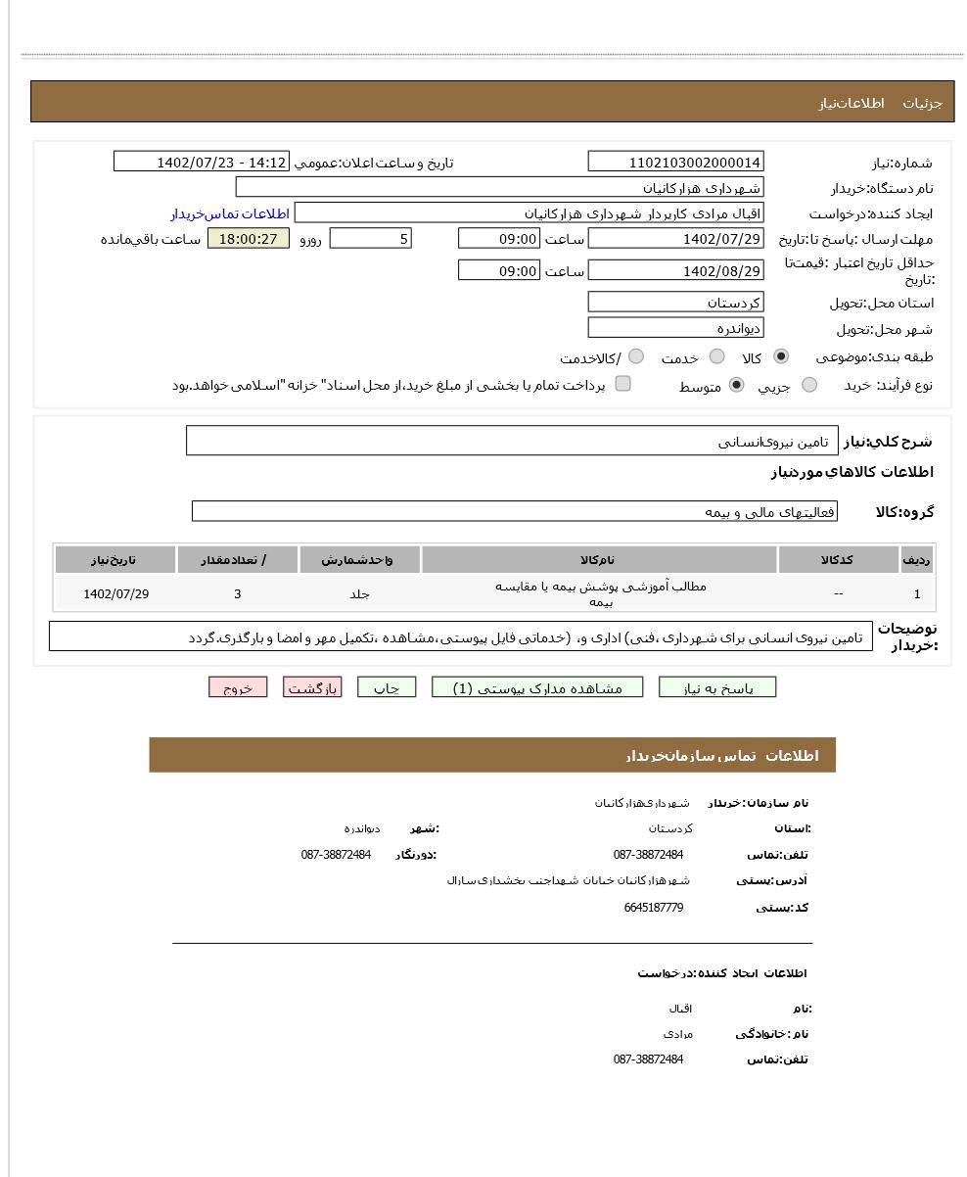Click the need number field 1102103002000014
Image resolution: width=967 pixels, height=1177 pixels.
coord(675,163)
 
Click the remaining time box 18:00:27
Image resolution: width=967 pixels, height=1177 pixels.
coord(249,239)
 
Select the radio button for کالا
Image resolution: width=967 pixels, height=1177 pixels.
coord(780,357)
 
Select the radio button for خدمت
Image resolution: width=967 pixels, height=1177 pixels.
coord(716,357)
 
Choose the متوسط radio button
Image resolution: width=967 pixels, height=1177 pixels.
coord(736,386)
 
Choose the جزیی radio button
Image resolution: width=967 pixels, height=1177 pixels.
coord(808,386)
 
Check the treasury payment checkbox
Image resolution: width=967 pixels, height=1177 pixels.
coord(622,384)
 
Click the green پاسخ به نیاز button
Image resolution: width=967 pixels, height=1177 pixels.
coord(717,687)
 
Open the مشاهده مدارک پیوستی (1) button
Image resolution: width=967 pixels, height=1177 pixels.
coord(537,687)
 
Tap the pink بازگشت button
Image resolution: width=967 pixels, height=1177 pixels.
coord(312,687)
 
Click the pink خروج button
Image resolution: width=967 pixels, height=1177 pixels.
coord(238,687)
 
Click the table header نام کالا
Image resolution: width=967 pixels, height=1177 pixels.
coord(599,560)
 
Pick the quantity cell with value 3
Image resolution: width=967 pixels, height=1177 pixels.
coord(238,593)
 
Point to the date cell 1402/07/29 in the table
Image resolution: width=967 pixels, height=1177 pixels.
coord(115,593)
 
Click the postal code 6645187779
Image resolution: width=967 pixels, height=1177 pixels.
coord(653,908)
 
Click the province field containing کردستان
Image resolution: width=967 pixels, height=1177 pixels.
coord(675,303)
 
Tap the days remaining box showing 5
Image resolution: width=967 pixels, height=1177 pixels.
coord(370,239)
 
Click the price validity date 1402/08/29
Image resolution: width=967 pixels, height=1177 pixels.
coord(675,271)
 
